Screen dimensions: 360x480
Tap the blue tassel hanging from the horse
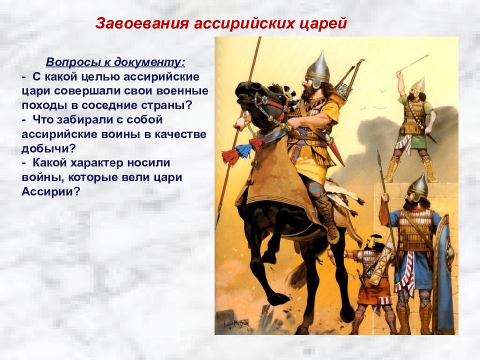point(243,150)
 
